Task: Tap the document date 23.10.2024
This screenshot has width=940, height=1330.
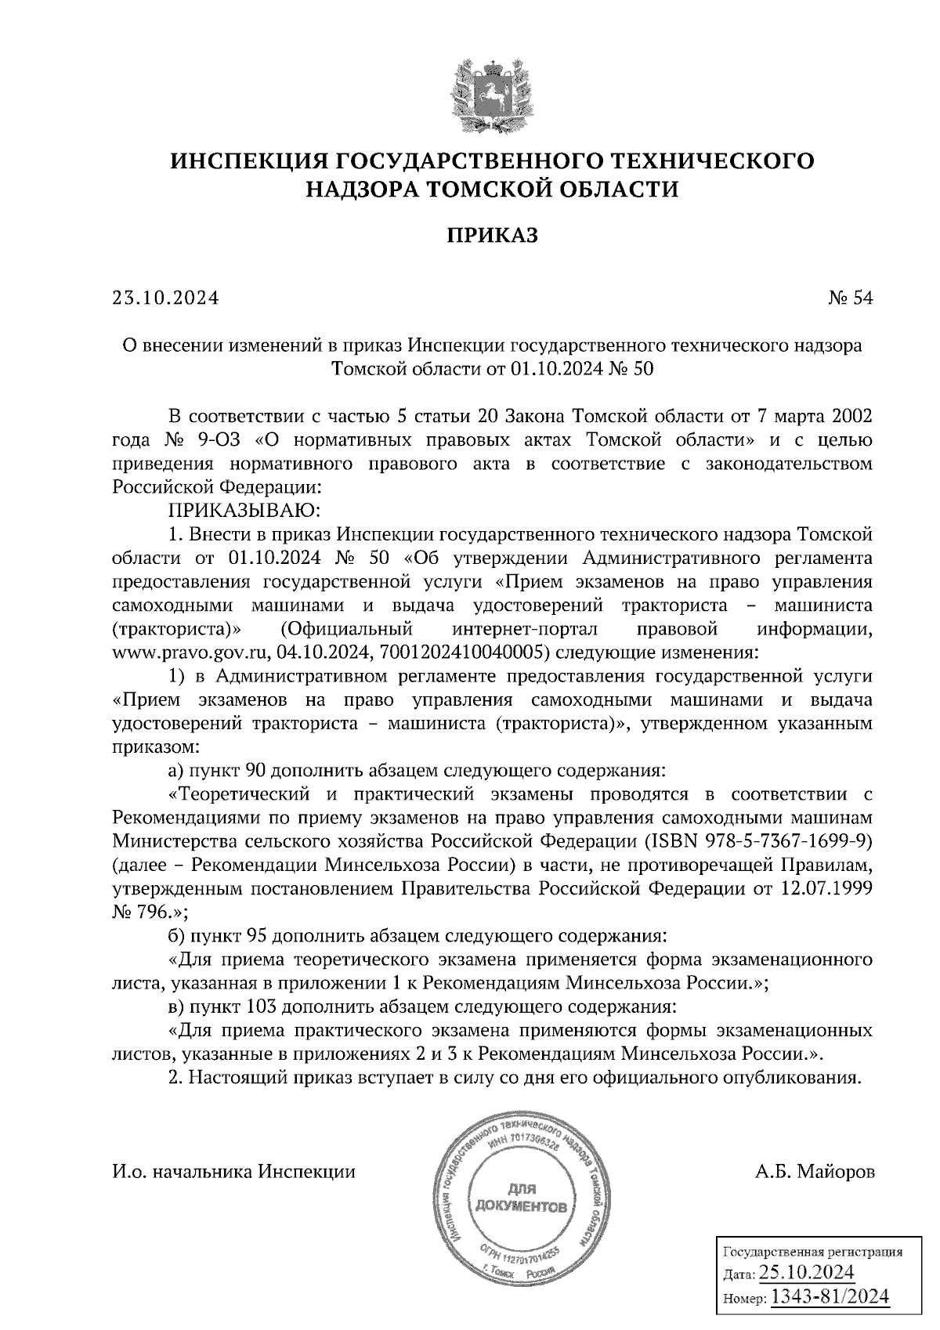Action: (165, 298)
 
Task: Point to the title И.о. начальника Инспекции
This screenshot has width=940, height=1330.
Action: (234, 1172)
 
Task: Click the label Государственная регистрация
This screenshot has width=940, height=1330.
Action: (812, 1252)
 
